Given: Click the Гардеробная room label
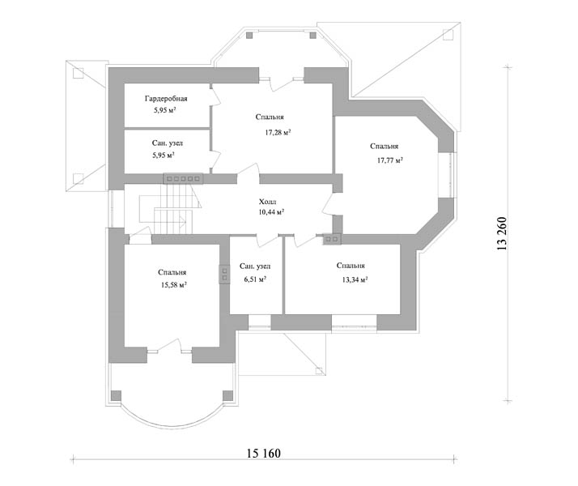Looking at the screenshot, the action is tap(166, 99).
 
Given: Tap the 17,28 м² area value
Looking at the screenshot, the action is tap(278, 132).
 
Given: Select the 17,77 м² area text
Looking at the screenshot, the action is tap(389, 160).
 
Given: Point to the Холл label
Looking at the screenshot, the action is tap(267, 202).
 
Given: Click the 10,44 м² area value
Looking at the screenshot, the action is tap(271, 212).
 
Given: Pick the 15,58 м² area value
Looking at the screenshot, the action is tap(173, 284).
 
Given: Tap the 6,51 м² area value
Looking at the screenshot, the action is tap(255, 279).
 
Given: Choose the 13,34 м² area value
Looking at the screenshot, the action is tap(355, 279).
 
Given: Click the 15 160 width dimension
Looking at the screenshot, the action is tap(264, 453).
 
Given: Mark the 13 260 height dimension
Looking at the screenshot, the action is tap(502, 233).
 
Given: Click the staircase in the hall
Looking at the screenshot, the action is tap(170, 209).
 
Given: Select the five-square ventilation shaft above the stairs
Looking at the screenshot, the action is tap(183, 178).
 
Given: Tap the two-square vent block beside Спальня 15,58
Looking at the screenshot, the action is tap(224, 274).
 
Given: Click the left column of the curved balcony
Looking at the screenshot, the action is tap(116, 395).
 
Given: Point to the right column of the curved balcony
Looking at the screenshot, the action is tap(227, 395).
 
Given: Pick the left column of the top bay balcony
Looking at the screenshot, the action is tap(249, 36).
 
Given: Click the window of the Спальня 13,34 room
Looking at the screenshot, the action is tap(354, 322).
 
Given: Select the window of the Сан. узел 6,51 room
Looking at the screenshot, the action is tap(260, 322).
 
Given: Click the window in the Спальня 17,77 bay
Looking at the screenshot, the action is tap(445, 175).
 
